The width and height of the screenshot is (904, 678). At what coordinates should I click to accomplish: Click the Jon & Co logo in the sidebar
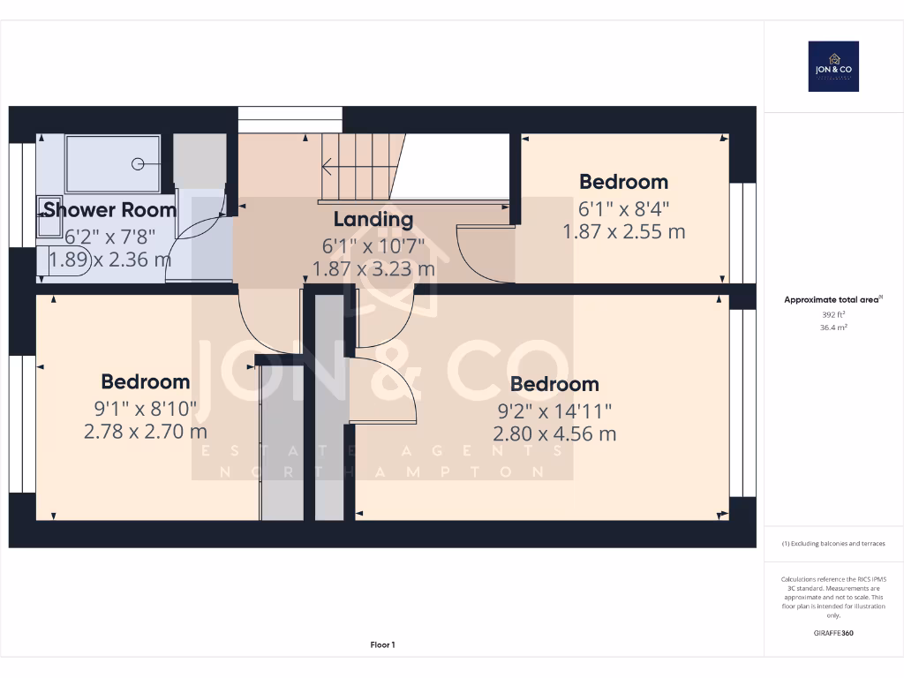[x=833, y=66]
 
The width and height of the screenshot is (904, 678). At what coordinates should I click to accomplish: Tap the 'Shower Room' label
[x=109, y=210]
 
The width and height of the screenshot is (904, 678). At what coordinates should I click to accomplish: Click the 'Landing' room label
[x=373, y=219]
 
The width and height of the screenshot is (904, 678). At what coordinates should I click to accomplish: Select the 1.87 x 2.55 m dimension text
[x=623, y=232]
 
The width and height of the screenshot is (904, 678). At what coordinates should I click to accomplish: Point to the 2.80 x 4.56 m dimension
[x=554, y=433]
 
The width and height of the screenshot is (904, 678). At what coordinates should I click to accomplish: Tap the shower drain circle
[x=138, y=164]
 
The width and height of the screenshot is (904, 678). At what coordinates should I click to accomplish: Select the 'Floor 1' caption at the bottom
[x=382, y=645]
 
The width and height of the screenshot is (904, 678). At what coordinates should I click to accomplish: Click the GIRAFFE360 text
[x=833, y=633]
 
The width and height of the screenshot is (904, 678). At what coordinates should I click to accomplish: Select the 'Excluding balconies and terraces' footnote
[x=833, y=544]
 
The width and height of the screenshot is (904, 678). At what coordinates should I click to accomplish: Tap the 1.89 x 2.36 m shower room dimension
[x=109, y=260]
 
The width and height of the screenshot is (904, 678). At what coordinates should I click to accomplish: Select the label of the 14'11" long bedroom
[x=554, y=384]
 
